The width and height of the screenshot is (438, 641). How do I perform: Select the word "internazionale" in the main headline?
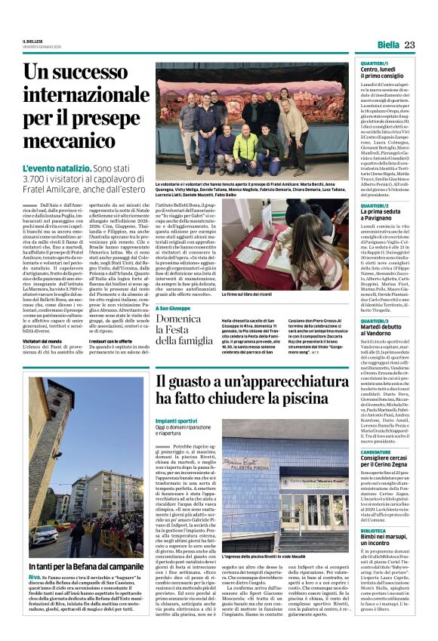89,95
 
